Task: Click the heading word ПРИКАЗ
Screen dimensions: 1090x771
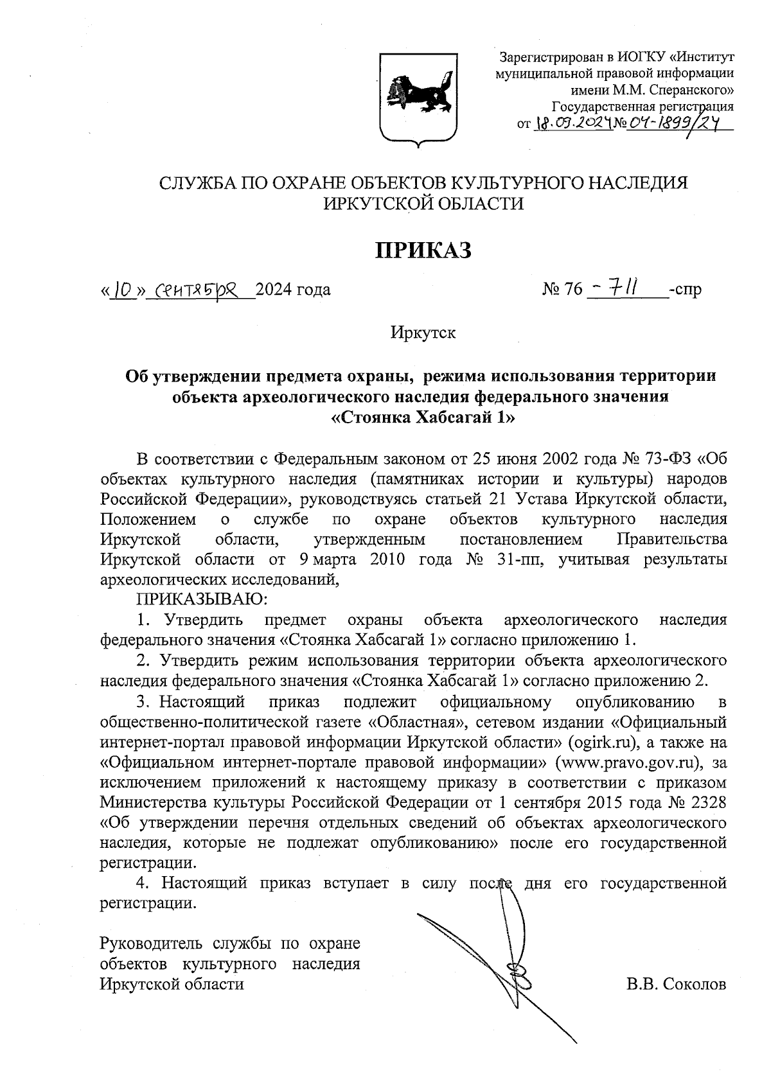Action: (423, 250)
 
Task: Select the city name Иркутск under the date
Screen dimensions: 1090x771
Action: (423, 333)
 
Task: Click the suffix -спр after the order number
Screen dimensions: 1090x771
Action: (685, 290)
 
